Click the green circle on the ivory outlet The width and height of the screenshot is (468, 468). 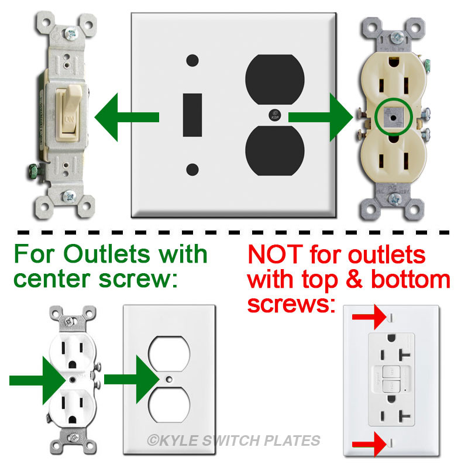[393, 116]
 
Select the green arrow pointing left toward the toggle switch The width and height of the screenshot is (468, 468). [126, 117]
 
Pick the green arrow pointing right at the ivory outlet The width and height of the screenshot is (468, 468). [321, 117]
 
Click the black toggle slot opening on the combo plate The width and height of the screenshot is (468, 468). [192, 115]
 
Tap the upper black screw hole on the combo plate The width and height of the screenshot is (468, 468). [192, 61]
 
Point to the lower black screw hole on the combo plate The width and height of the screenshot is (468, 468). [192, 170]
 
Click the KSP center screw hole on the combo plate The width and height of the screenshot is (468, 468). [274, 115]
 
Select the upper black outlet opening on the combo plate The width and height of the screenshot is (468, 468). [274, 80]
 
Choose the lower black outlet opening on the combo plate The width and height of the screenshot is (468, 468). [274, 151]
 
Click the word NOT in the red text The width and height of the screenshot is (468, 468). [275, 254]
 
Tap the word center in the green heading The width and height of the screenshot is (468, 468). [51, 280]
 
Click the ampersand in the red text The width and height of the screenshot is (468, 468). [355, 280]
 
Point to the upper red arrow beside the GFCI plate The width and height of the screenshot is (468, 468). [369, 317]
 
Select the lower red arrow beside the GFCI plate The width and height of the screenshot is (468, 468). [369, 445]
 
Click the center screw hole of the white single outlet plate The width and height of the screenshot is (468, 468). [169, 379]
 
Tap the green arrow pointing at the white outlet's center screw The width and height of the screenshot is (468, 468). [38, 380]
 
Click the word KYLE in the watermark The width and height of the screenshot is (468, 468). [179, 441]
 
